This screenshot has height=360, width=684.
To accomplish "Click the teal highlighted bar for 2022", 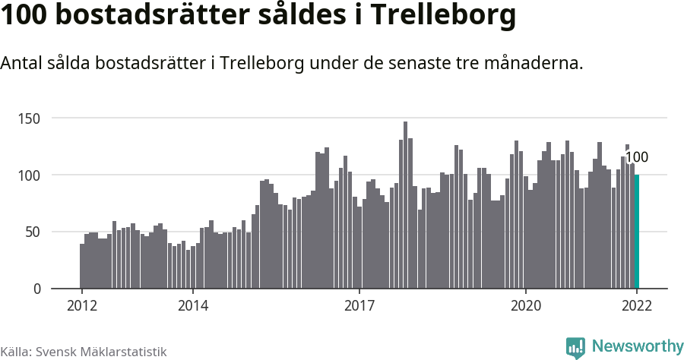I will [x=637, y=232].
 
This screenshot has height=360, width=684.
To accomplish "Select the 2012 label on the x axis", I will [x=81, y=306].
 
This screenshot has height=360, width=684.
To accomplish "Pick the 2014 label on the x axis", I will [x=193, y=306].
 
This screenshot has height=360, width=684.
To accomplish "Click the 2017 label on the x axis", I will [x=359, y=306].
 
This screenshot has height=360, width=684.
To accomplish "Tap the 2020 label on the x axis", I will [x=525, y=306].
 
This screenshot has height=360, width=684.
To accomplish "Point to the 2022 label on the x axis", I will [x=637, y=306].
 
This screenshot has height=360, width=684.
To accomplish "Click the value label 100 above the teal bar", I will [x=637, y=158].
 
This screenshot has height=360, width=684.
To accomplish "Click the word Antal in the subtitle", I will [x=22, y=63].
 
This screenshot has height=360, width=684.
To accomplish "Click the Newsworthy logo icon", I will [x=575, y=347].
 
